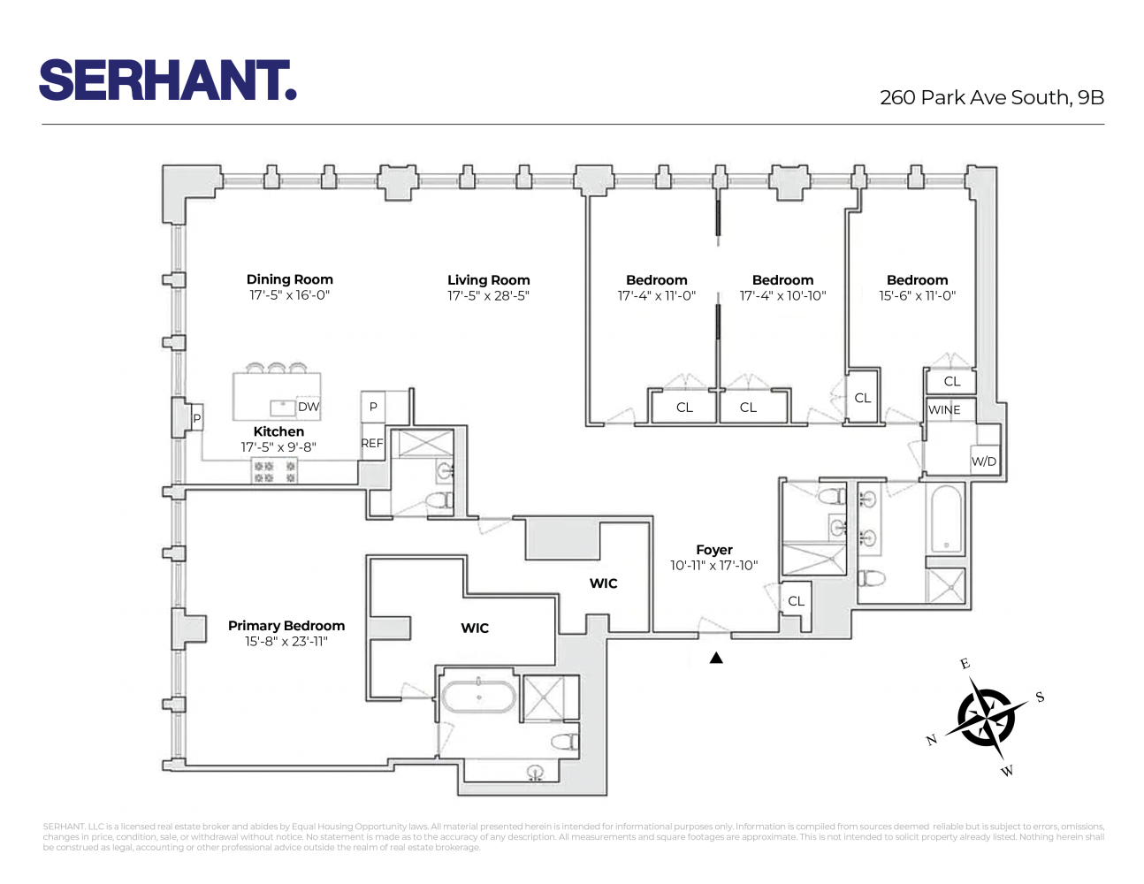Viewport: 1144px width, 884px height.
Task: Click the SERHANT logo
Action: pos(168,80)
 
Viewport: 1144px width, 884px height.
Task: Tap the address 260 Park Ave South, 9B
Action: pos(991,97)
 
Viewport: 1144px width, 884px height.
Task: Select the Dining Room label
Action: pos(289,279)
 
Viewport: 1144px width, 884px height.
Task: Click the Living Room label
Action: pos(488,280)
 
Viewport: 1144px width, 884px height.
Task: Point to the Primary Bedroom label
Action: pos(286,626)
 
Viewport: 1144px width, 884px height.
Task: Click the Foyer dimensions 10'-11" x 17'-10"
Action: pos(713,566)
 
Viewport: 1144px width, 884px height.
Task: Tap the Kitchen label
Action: pos(278,431)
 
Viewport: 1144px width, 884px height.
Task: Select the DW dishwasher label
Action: pos(309,408)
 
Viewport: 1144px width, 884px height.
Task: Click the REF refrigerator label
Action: pos(372,444)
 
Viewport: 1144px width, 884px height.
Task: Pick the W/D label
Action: pos(983,461)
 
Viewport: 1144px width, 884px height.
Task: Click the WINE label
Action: pos(944,410)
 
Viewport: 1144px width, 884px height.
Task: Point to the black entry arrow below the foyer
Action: pos(716,658)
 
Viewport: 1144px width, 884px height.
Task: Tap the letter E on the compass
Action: pos(965,664)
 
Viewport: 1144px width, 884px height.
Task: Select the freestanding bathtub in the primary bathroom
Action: pos(478,697)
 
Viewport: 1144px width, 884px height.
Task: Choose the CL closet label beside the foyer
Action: pos(796,601)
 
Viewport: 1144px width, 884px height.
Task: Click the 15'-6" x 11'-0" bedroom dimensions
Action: pos(917,296)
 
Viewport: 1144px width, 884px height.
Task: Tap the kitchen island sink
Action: pos(283,408)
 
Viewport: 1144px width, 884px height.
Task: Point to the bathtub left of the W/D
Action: pos(946,520)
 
